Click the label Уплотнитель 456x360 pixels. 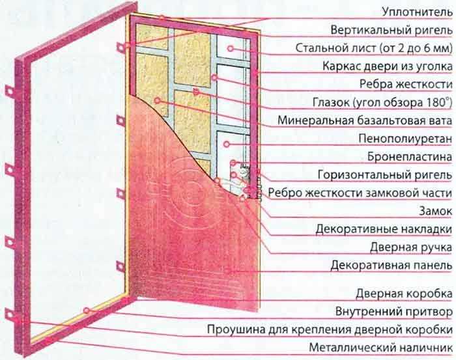[x=418, y=12]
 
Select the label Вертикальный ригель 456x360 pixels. [x=392, y=30]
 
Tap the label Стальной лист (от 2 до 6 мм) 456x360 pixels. [x=374, y=48]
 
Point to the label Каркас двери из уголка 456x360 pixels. [x=388, y=66]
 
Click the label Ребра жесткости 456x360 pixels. [x=406, y=84]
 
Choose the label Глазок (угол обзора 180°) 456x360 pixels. [x=382, y=102]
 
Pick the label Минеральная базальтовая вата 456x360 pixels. [x=365, y=120]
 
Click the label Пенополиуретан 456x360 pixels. [x=405, y=139]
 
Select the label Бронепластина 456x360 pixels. [x=410, y=157]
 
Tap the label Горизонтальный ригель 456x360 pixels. [x=385, y=175]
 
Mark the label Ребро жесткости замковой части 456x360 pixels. [x=360, y=193]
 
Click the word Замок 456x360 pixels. [x=436, y=211]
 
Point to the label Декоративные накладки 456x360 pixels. [x=384, y=229]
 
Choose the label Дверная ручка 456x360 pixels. [x=411, y=247]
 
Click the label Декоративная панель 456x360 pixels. [x=392, y=265]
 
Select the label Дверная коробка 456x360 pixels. [x=405, y=294]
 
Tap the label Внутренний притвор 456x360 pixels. [x=394, y=312]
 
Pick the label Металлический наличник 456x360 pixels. [x=381, y=347]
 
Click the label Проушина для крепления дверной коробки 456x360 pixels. [x=330, y=329]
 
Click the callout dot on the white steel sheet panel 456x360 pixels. [x=231, y=49]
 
